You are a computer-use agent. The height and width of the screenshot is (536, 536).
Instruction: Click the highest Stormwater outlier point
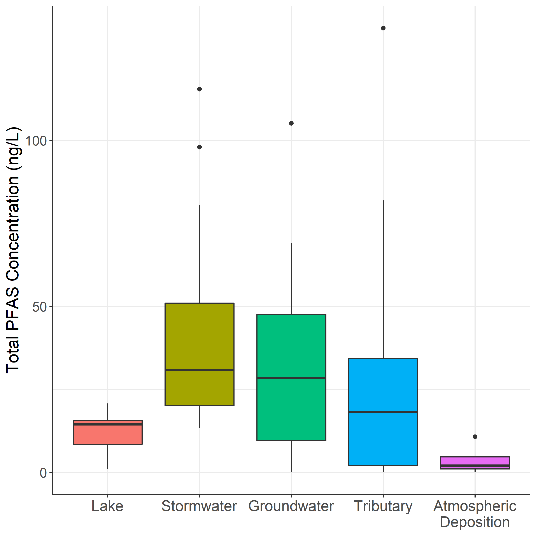click(x=199, y=89)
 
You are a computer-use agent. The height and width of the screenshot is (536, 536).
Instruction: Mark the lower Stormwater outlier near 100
click(x=199, y=147)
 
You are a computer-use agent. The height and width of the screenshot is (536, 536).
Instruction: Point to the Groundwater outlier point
click(x=291, y=123)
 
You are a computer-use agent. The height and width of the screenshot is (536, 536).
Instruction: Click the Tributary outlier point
click(x=383, y=28)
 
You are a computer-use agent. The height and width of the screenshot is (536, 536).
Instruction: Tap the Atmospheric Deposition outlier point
click(x=475, y=437)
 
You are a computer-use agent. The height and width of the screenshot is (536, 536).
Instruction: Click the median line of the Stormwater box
click(x=199, y=370)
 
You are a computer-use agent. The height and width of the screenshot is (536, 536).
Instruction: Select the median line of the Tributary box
click(x=383, y=412)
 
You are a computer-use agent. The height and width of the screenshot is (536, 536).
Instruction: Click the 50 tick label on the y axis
click(x=39, y=307)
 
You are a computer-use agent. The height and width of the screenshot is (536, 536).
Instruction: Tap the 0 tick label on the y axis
click(x=43, y=473)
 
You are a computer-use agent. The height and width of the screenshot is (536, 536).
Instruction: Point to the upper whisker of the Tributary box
click(x=383, y=277)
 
